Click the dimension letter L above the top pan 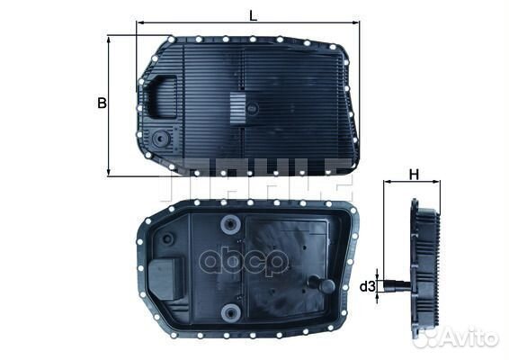[x=254, y=14]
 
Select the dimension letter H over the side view [x=415, y=173]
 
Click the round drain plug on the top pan [x=161, y=140]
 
